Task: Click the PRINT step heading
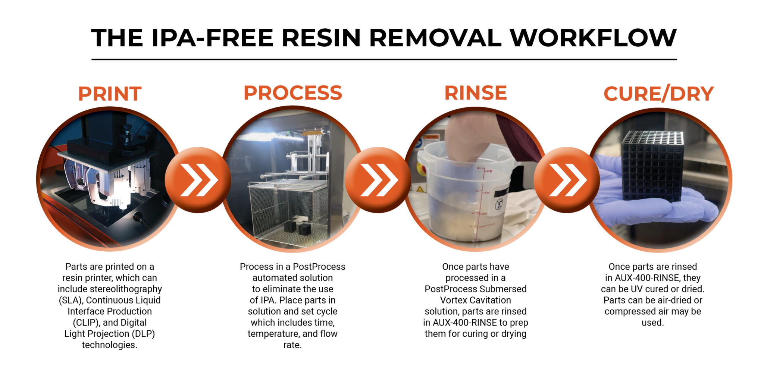coord(110,94)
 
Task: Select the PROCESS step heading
coord(292,93)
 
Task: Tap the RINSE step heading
coord(475,93)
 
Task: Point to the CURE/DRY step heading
coord(658,94)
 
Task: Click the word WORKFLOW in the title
coord(593,38)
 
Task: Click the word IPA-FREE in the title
coord(213,38)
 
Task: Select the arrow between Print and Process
coord(198,180)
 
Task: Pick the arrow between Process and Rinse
coord(378,180)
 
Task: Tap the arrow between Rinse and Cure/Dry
coord(567,180)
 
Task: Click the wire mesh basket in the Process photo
coord(287,209)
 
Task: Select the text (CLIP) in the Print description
coord(86,323)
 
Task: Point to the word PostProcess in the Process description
coord(319,267)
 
